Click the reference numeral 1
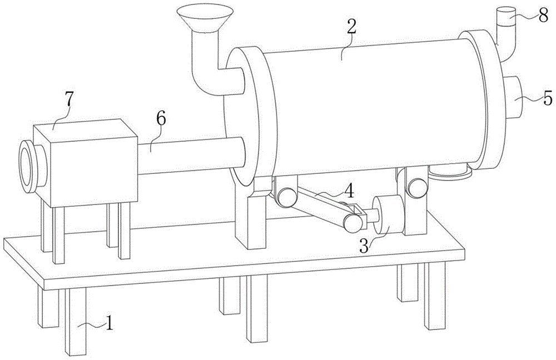(x=109, y=323)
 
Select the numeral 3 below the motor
(x=364, y=247)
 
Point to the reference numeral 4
(x=349, y=191)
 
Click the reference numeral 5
(x=547, y=98)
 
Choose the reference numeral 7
(x=68, y=99)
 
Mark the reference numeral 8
(x=543, y=17)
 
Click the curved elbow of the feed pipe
(x=203, y=78)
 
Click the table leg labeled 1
(x=77, y=322)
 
